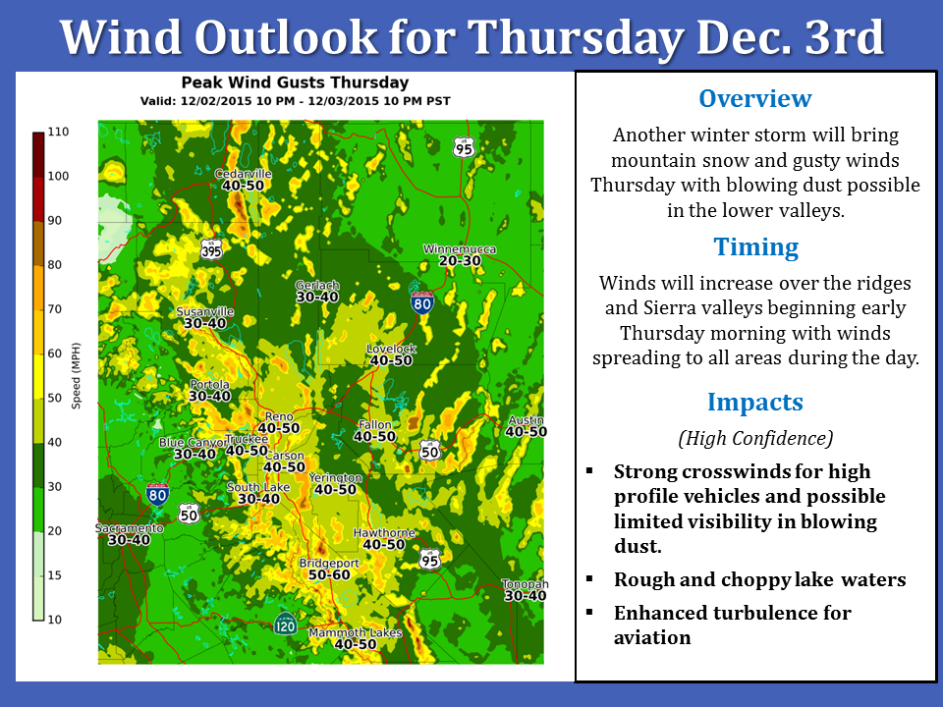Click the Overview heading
(754, 98)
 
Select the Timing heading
(756, 247)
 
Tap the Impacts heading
(754, 402)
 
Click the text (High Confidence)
(755, 438)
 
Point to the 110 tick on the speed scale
(58, 132)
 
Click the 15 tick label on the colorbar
(55, 575)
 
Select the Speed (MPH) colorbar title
(76, 376)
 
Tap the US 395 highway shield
(212, 248)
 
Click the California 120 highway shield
(285, 625)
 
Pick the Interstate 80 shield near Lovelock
(422, 302)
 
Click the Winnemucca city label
(460, 248)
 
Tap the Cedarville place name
(243, 174)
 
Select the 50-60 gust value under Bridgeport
(329, 574)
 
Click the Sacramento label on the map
(130, 528)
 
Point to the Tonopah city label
(525, 583)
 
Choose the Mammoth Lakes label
(355, 632)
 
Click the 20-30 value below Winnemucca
(460, 261)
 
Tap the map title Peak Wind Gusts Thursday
(295, 82)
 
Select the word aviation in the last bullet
(652, 637)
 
